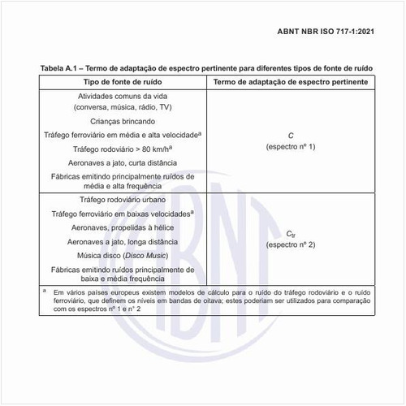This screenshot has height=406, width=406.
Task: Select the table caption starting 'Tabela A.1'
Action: (x=205, y=69)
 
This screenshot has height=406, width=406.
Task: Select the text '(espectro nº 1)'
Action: (x=290, y=146)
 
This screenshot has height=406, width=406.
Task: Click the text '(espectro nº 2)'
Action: (x=290, y=244)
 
